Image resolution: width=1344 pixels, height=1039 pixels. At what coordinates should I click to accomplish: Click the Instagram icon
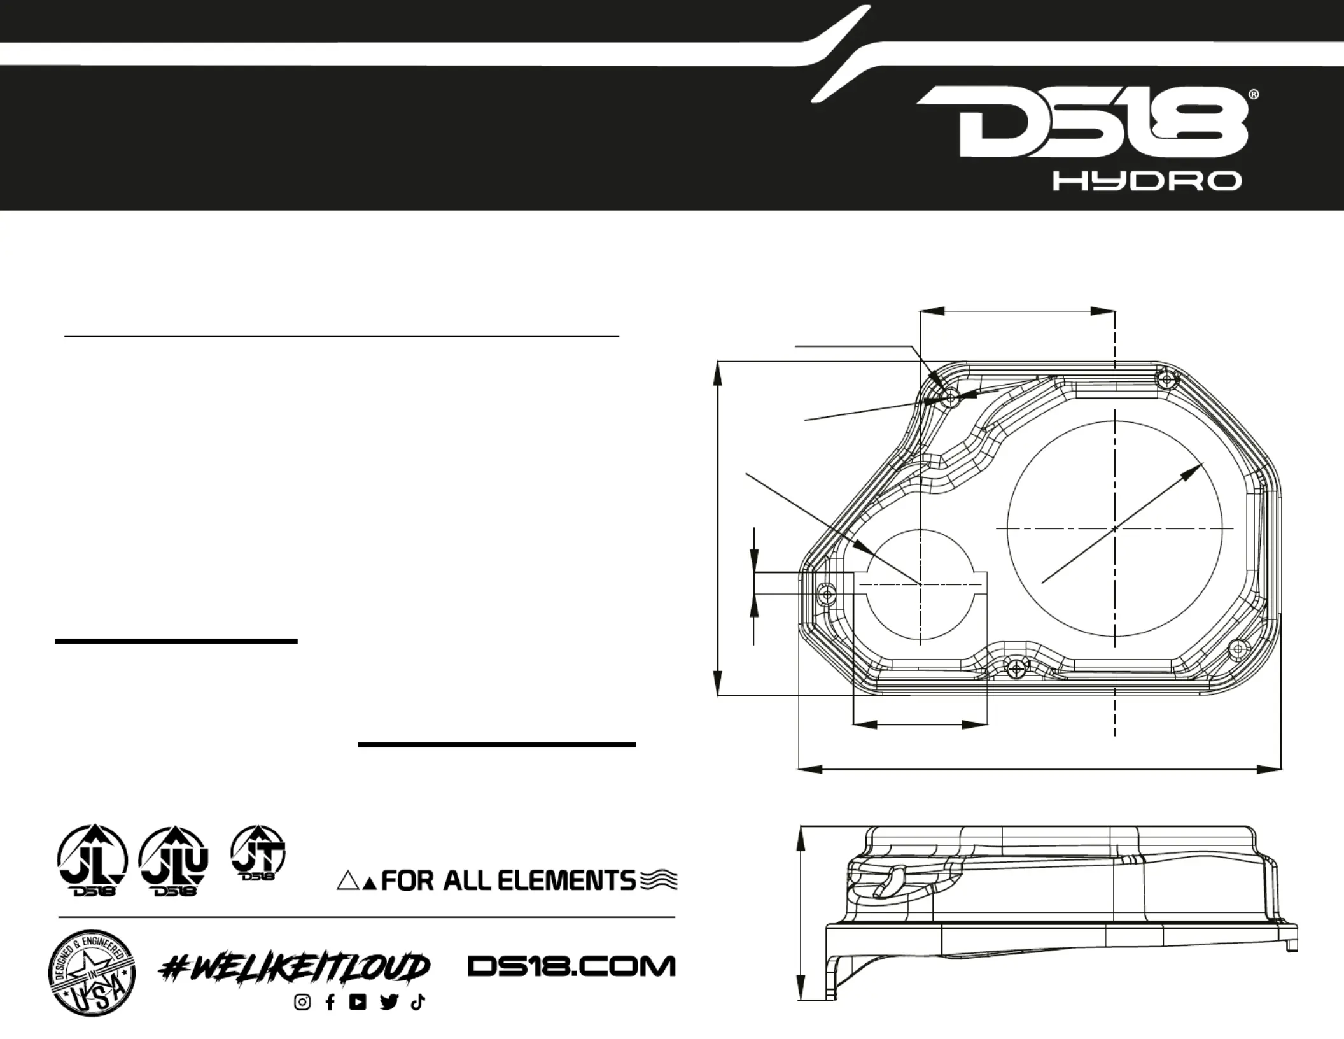tap(303, 1002)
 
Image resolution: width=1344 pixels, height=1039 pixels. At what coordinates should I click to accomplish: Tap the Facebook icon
tap(330, 1002)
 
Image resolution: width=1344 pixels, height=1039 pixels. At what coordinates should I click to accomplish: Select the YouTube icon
tap(358, 1002)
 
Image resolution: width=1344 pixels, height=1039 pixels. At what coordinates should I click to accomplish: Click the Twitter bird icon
tap(389, 1002)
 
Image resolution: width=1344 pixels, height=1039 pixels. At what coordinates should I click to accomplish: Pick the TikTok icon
tap(417, 1002)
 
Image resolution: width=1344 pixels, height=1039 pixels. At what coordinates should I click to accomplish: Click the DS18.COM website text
tap(571, 966)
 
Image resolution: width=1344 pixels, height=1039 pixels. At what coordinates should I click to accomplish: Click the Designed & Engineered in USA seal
tap(92, 972)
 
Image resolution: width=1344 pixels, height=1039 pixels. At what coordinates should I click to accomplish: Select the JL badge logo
tap(93, 859)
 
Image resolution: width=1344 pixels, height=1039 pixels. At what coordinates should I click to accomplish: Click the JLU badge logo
tap(174, 861)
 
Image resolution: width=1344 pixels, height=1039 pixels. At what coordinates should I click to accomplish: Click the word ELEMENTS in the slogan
tap(566, 881)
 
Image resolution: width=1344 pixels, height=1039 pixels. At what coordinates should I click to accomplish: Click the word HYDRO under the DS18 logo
tap(1147, 181)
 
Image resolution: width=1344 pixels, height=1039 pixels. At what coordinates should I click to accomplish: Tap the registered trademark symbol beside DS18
tap(1254, 95)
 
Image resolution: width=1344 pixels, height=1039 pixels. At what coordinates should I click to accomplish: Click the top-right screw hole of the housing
tap(1166, 380)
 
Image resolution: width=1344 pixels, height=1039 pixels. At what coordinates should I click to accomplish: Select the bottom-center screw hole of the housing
tap(1017, 669)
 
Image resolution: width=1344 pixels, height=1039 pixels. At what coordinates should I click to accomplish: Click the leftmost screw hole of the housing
tap(827, 595)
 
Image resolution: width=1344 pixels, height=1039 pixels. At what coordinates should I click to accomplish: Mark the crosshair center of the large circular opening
tap(1114, 528)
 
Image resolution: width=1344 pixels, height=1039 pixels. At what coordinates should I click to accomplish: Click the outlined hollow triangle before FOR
tap(348, 881)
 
